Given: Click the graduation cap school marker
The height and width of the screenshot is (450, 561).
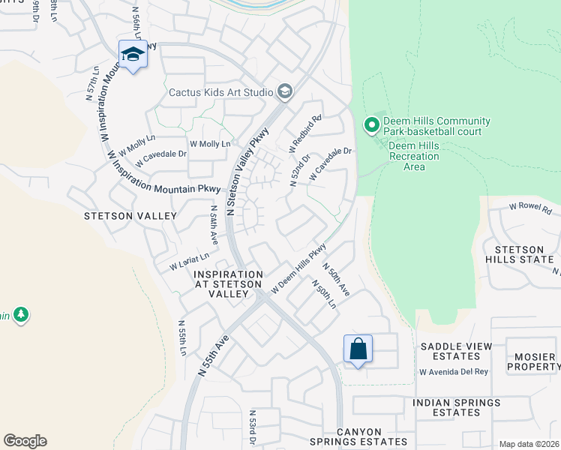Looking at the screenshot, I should [x=133, y=55].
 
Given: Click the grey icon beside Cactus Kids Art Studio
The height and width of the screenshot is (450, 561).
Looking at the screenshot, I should [x=285, y=92].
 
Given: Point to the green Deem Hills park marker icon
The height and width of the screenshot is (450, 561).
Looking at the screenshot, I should [x=370, y=126].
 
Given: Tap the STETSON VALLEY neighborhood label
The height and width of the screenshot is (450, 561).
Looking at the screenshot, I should [x=131, y=216].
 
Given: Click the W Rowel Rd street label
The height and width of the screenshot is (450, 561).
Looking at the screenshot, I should [x=530, y=206].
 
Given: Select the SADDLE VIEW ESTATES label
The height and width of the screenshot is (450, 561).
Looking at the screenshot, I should [x=456, y=351].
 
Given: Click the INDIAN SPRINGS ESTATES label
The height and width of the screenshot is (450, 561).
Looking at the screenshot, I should [x=457, y=408].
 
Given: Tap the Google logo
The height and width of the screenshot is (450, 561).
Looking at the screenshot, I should [x=25, y=441].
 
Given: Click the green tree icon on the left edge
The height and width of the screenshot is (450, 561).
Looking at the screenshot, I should [x=21, y=314].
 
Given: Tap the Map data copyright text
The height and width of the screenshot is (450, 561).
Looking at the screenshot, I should [x=529, y=444].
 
